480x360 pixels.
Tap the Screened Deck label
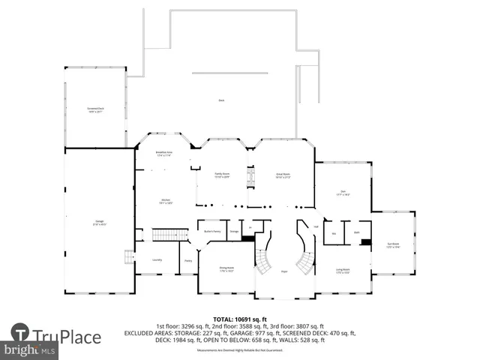coord(95,109)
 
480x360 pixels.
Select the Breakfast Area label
coord(164,154)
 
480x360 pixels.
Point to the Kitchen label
coord(165,202)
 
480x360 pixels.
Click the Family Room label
coord(222,175)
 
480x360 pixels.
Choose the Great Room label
coord(283,175)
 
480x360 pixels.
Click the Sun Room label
coord(393,244)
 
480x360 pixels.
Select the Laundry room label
coord(157,259)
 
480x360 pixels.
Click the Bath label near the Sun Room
coord(357,232)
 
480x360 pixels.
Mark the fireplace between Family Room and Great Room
coord(250,176)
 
